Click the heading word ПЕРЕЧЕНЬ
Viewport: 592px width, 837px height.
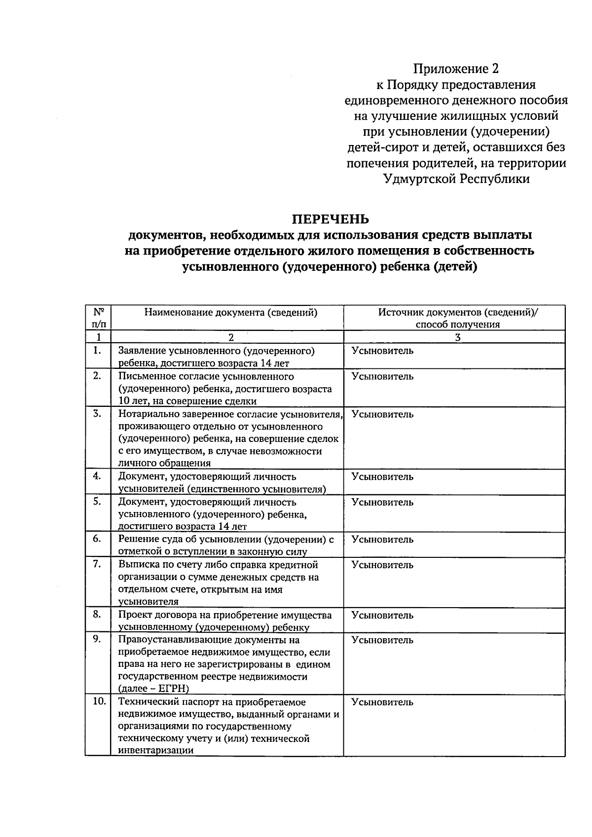click(330, 218)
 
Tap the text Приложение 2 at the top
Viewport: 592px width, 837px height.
click(456, 69)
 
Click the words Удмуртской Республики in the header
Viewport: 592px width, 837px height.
click(456, 179)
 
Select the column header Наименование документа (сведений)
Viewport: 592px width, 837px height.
click(230, 312)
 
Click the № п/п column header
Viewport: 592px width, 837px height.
click(98, 318)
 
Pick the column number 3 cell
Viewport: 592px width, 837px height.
click(457, 337)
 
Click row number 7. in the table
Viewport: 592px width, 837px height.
click(97, 564)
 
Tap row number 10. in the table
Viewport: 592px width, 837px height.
click(99, 701)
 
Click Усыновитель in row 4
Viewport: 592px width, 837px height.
click(382, 476)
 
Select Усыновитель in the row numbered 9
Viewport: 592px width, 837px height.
click(382, 640)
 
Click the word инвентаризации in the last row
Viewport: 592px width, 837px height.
click(155, 750)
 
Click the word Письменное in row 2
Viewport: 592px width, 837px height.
click(145, 376)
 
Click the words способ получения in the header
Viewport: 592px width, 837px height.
click(457, 325)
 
